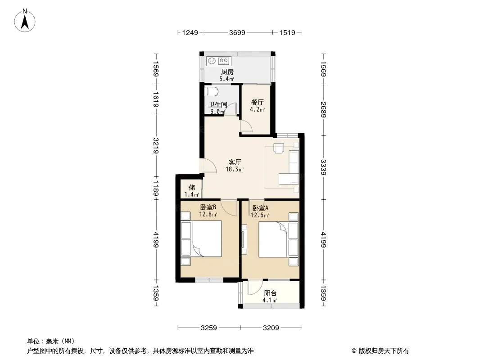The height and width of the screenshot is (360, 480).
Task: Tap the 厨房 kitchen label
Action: tap(227, 72)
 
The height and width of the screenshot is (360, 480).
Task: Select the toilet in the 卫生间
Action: tap(211, 91)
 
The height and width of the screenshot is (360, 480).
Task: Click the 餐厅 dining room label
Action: tap(257, 103)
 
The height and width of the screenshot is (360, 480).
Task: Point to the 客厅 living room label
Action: tap(235, 162)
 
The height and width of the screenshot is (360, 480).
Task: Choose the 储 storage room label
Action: tap(192, 187)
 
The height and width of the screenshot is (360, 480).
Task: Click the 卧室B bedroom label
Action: tap(208, 207)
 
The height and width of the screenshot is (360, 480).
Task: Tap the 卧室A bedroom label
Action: tap(260, 208)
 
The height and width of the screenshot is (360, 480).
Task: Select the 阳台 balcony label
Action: tap(270, 293)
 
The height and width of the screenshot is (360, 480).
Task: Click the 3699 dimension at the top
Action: tap(237, 32)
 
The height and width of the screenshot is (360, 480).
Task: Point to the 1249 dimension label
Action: tap(190, 32)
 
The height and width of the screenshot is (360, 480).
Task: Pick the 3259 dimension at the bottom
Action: tap(209, 328)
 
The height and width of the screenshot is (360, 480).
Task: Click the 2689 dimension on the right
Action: tap(324, 109)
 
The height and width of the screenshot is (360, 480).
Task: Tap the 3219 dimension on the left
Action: tap(156, 146)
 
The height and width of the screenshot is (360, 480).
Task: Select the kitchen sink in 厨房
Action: tap(212, 61)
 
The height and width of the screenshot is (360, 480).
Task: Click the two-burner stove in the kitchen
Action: tap(224, 61)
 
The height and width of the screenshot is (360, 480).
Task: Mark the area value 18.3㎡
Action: tap(235, 169)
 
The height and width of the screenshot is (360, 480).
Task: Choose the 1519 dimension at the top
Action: tap(287, 32)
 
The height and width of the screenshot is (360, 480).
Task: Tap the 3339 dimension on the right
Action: tap(324, 167)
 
